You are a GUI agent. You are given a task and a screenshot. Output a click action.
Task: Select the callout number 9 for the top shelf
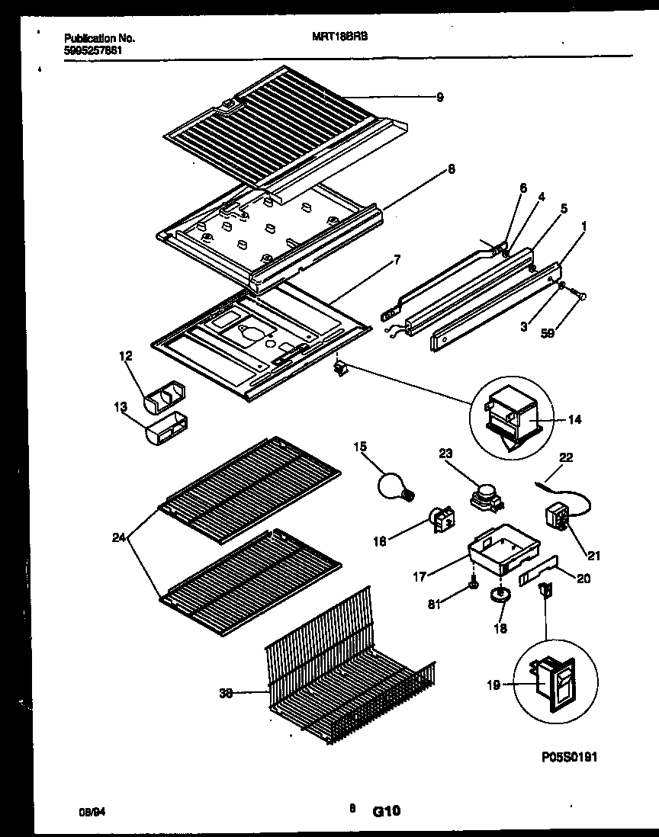click(439, 97)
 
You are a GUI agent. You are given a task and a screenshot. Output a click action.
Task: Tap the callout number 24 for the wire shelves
click(119, 538)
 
